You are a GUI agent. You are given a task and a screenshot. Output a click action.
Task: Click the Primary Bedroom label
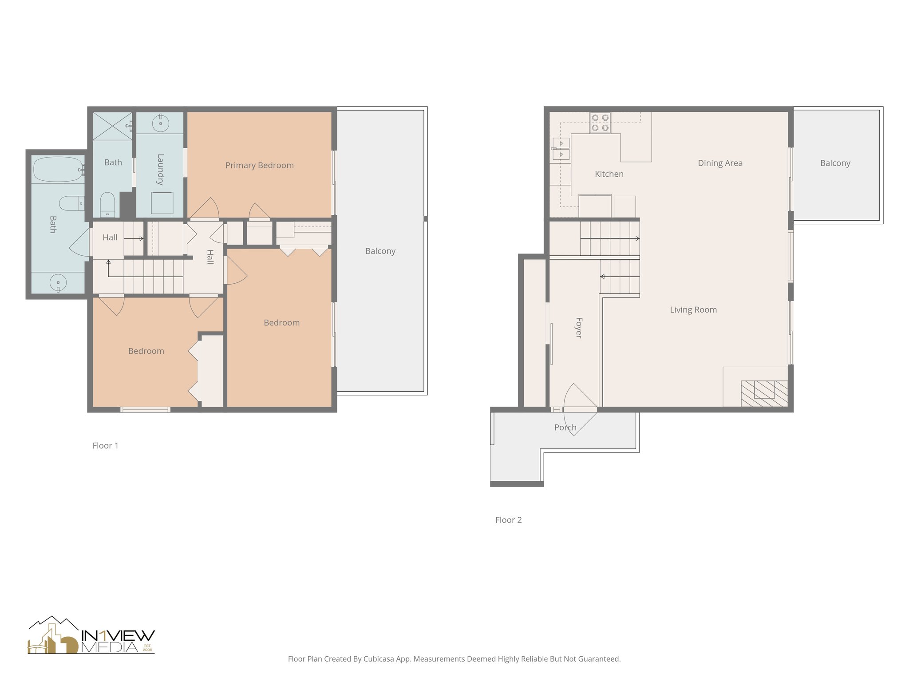pos(260,166)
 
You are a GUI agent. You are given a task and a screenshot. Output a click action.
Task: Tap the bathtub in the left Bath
pos(58,169)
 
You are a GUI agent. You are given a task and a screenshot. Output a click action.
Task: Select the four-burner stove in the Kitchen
pos(600,123)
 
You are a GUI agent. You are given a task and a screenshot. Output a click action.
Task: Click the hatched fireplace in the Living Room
pos(764,393)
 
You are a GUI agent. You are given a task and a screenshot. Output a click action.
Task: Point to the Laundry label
pos(160,169)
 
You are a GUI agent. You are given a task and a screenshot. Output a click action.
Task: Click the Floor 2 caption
pos(508,520)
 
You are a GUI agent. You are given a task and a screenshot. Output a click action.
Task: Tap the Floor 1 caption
pos(105,446)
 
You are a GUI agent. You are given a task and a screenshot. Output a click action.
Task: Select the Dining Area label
pos(720,163)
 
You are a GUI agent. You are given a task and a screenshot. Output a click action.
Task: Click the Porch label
pos(565,428)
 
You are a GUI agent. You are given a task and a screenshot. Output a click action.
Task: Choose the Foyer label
pos(578,328)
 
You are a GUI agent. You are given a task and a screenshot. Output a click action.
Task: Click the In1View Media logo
pos(91,636)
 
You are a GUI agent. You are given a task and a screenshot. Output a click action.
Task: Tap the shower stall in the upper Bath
pos(112,126)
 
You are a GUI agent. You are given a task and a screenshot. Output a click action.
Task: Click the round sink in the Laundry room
pos(160,123)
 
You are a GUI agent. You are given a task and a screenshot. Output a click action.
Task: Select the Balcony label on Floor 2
pos(835,163)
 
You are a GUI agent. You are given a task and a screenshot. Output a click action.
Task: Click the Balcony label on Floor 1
pos(380,251)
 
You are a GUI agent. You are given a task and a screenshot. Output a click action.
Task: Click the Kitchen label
pos(609,174)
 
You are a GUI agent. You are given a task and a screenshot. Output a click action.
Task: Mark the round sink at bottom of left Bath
pos(58,283)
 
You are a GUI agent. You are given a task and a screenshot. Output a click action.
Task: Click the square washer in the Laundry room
pos(162,203)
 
